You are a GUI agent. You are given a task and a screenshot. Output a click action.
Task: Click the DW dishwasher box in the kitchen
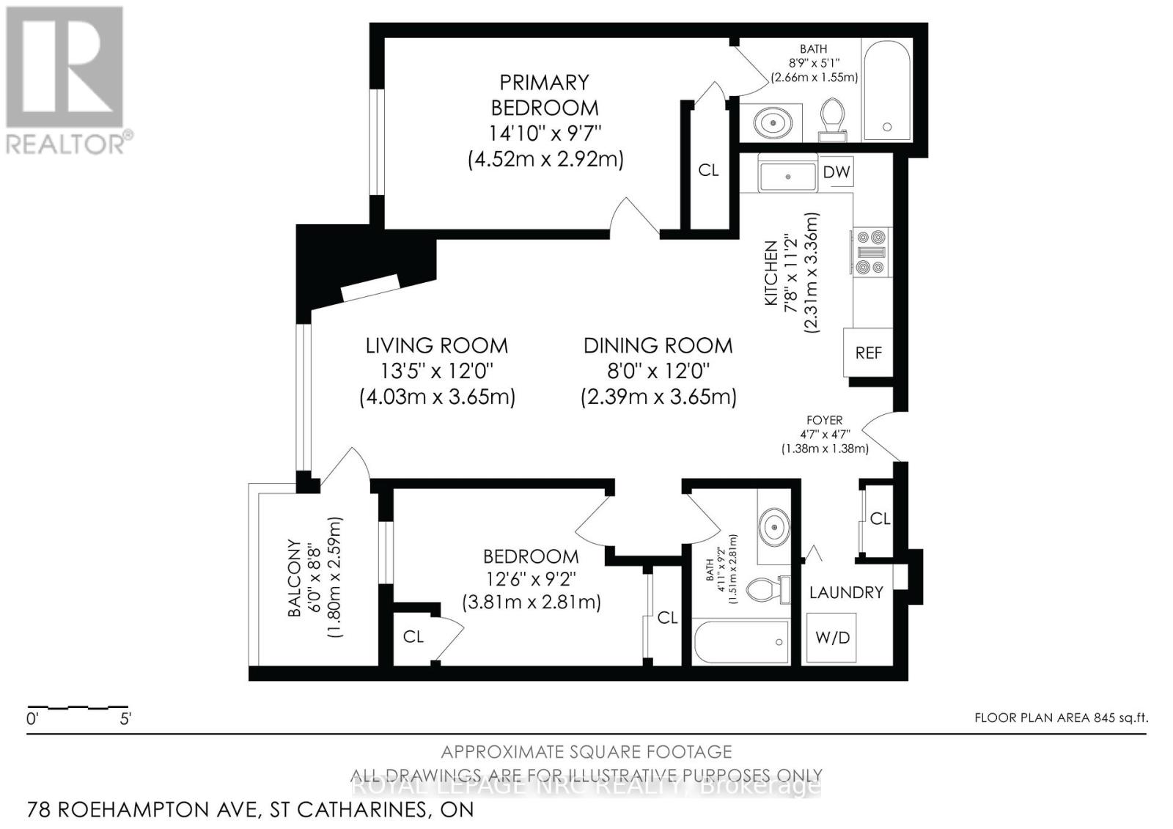[x=836, y=172]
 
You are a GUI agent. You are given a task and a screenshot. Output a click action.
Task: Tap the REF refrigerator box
[x=869, y=353]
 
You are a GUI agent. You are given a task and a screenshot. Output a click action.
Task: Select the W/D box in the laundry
[x=832, y=638]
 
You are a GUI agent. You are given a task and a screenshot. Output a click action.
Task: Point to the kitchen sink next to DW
[x=788, y=177]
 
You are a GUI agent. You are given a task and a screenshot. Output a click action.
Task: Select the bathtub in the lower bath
[x=741, y=642]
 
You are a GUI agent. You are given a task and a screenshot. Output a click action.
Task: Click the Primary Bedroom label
[x=545, y=95]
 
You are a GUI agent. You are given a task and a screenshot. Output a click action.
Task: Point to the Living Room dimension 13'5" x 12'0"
[x=438, y=371]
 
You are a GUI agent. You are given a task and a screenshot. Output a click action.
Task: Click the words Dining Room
[x=658, y=345]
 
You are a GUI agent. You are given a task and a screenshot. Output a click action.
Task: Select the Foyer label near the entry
[x=824, y=420]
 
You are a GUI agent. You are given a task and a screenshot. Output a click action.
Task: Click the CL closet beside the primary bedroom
[x=708, y=170]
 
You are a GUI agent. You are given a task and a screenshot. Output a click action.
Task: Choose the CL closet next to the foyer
[x=880, y=518]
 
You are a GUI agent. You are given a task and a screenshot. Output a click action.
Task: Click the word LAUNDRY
[x=846, y=592]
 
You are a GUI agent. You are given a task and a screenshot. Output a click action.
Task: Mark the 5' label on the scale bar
[x=125, y=719]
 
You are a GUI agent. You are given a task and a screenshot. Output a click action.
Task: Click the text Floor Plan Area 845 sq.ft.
[x=1060, y=718]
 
